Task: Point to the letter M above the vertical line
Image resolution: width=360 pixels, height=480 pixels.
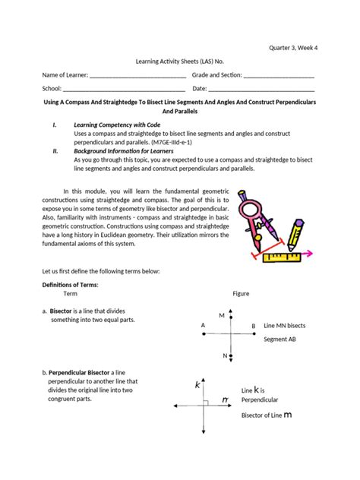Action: (221, 314)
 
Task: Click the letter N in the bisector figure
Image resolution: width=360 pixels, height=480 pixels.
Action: (225, 355)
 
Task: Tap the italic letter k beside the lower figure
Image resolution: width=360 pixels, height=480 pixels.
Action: (197, 385)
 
